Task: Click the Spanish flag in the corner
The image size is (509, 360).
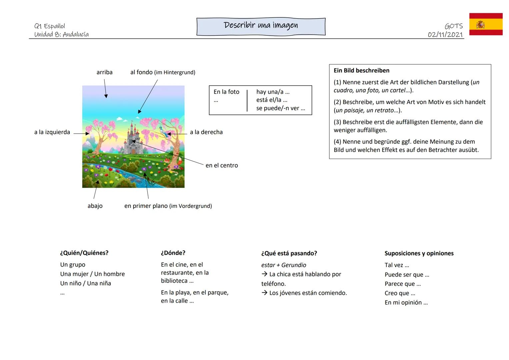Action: pyautogui.click(x=486, y=24)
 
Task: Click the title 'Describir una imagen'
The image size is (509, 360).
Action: pyautogui.click(x=261, y=26)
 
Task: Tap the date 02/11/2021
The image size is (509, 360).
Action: pyautogui.click(x=445, y=35)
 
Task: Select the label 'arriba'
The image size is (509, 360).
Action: pyautogui.click(x=104, y=72)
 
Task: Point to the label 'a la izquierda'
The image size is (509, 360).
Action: pyautogui.click(x=52, y=132)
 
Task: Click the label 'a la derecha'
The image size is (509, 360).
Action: pyautogui.click(x=206, y=132)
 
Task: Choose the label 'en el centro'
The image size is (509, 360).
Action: pyautogui.click(x=222, y=165)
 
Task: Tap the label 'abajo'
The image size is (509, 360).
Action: pyautogui.click(x=95, y=206)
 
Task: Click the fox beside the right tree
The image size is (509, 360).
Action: pyautogui.click(x=167, y=160)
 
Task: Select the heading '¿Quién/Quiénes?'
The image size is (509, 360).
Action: pyautogui.click(x=84, y=253)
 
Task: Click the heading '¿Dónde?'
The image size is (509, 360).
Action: pyautogui.click(x=173, y=253)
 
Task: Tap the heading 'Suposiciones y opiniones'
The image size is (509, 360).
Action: pyautogui.click(x=419, y=253)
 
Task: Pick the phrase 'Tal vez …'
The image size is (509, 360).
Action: pyautogui.click(x=397, y=265)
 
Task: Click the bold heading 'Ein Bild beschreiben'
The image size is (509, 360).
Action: pyautogui.click(x=361, y=71)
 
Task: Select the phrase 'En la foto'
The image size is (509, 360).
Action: pyautogui.click(x=226, y=92)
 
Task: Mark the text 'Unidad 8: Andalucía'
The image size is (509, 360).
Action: pyautogui.click(x=61, y=34)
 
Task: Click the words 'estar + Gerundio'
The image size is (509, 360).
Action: pyautogui.click(x=284, y=265)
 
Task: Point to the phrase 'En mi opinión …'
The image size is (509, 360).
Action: pyautogui.click(x=406, y=303)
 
